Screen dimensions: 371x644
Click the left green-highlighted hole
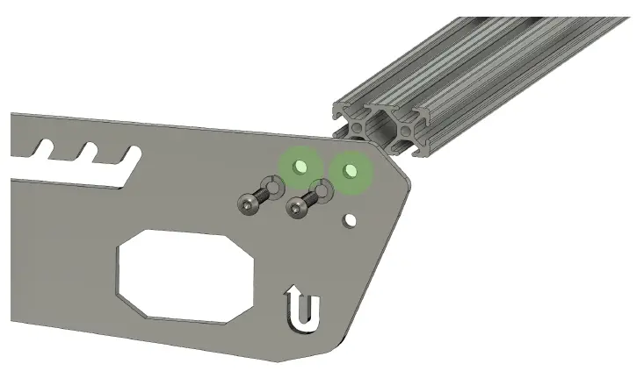pos(300,165)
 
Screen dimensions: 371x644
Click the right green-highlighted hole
pos(350,169)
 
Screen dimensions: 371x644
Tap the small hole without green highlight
pos(350,220)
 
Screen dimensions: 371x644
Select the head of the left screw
pos(249,204)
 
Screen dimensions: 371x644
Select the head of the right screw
pos(297,209)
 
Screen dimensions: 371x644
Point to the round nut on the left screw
pos(274,187)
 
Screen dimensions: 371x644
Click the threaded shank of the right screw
pos(310,199)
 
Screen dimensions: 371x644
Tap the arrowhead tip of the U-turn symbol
pos(293,289)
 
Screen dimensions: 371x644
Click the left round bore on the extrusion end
pos(358,128)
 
